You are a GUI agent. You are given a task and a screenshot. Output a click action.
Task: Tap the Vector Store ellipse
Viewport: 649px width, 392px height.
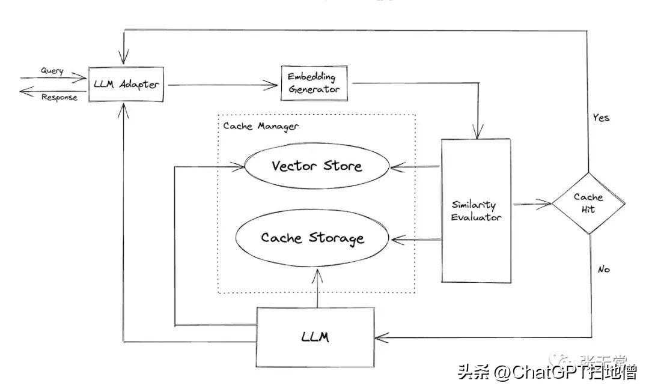click(317, 166)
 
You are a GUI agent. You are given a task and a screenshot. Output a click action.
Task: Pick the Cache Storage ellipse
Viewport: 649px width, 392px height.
click(312, 238)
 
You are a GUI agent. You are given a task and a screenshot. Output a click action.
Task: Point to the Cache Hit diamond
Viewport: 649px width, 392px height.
click(588, 203)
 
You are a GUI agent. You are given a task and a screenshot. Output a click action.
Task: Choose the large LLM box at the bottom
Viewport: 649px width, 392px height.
click(315, 336)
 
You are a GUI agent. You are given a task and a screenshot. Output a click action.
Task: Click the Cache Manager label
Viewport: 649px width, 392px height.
click(261, 126)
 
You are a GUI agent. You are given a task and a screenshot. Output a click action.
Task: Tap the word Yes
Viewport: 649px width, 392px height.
click(601, 118)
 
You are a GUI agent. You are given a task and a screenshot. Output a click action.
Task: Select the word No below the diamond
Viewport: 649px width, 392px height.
click(603, 270)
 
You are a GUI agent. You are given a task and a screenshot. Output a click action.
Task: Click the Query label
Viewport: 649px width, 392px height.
click(52, 71)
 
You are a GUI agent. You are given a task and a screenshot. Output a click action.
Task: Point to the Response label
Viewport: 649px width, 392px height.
click(59, 97)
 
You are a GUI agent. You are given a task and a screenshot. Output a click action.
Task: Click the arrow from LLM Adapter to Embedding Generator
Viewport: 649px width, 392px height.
click(222, 85)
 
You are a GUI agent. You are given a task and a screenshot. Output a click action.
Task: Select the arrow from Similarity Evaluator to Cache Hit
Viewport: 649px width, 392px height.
click(531, 205)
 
